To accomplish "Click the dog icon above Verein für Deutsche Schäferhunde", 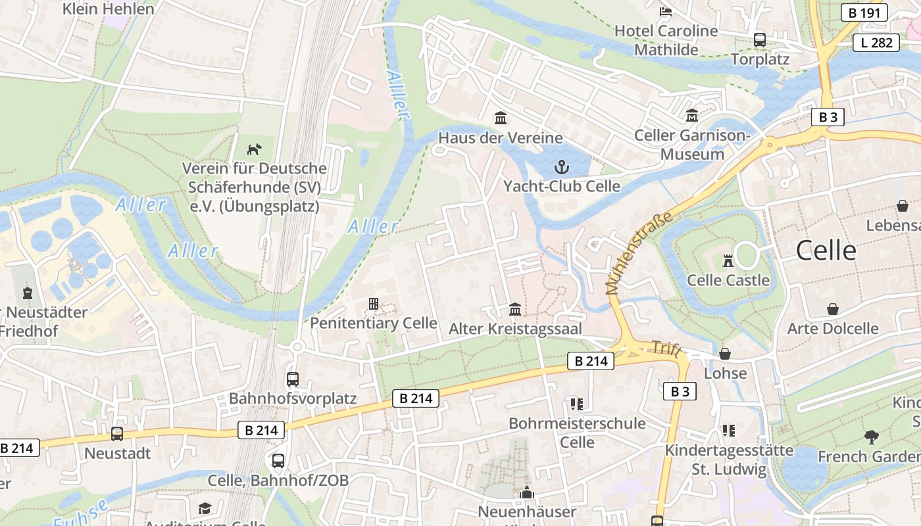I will [254, 149].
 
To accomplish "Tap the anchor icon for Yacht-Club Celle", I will [561, 167].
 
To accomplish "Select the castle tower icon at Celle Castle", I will [728, 261].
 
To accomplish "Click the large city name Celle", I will [826, 251].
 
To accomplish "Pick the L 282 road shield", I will [876, 43].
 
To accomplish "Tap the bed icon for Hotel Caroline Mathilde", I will [666, 12].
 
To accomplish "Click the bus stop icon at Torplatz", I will [760, 40].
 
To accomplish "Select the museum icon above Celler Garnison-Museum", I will [692, 116].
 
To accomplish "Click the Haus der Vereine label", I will [501, 138].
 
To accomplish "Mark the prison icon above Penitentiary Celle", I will [374, 304].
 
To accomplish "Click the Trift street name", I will [666, 349].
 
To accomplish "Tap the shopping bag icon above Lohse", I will [725, 354].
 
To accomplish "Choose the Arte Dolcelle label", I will [833, 328].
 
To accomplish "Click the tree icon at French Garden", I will [872, 437].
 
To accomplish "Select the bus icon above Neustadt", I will [117, 434].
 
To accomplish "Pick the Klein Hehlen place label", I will [108, 9].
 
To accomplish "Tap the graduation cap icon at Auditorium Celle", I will [205, 509].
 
